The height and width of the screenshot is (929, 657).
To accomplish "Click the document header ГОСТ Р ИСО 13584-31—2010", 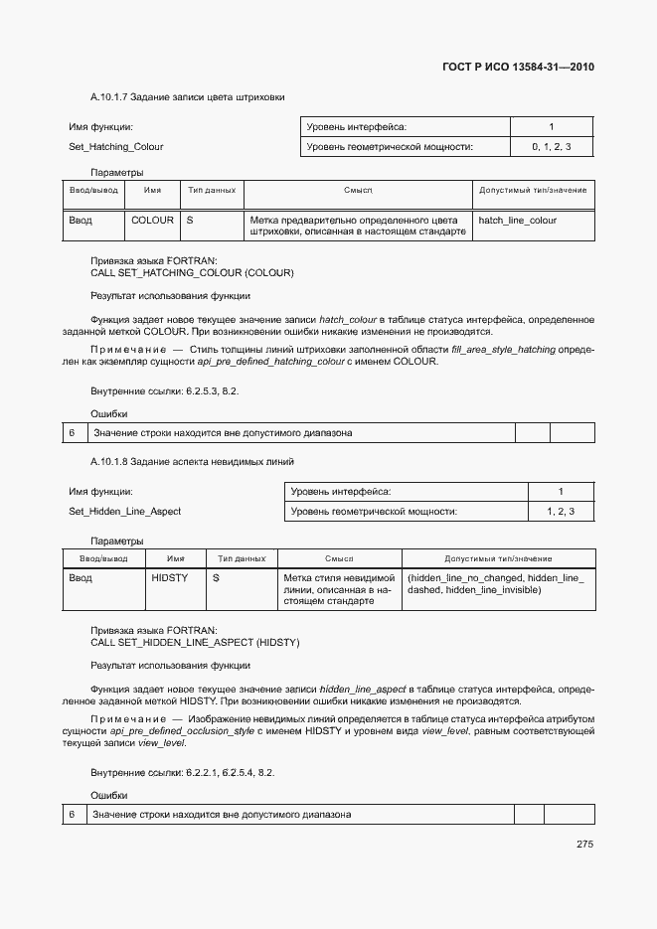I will pos(518,68).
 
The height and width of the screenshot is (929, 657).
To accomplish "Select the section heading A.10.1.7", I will pos(188,97).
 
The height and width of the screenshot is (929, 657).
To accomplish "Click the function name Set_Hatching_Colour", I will pos(116,147).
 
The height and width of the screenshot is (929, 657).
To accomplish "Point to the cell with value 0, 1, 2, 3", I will pos(551,147).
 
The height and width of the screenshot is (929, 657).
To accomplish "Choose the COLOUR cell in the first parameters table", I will pos(152,220).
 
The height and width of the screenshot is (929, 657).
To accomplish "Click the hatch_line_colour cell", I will pos(518,220).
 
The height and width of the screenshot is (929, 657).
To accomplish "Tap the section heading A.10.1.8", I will pos(192,462).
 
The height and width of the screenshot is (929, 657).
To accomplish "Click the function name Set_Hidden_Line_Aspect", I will pos(124,512).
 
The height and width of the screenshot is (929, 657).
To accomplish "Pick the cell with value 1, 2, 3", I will pos(561,512).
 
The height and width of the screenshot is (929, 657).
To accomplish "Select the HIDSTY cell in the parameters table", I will pos(169,577).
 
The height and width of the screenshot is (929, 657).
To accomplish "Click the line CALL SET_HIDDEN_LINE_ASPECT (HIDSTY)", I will pos(195,643).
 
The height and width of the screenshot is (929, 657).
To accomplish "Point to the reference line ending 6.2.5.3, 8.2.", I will pos(165,391).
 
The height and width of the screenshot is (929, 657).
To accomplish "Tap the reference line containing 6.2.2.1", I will pos(183,772).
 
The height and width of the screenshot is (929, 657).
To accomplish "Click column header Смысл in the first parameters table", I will pos(358,190).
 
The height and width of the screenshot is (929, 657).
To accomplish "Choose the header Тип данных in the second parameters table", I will pos(241,559).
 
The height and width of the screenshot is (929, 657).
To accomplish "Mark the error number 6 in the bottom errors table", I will pos(73,815).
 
